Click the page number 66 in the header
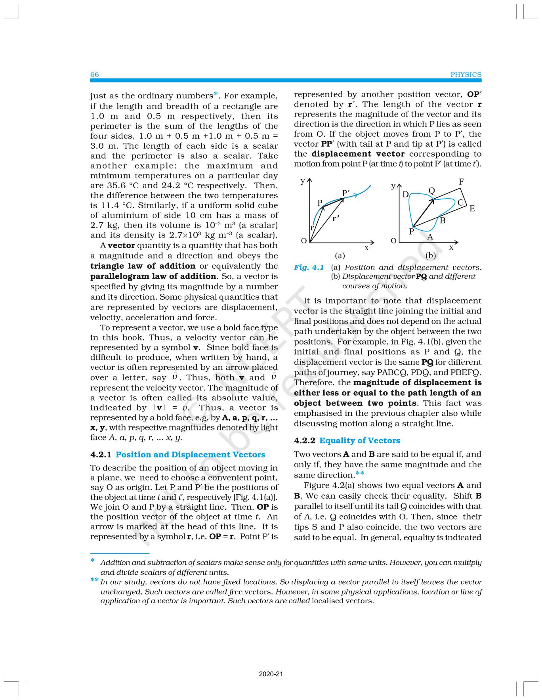pyautogui.click(x=95, y=75)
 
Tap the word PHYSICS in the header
pyautogui.click(x=466, y=75)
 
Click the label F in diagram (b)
pyautogui.click(x=461, y=182)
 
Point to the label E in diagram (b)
pyautogui.click(x=472, y=208)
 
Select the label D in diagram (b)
pyautogui.click(x=405, y=194)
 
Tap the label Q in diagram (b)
pyautogui.click(x=432, y=191)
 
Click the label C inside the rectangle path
pyautogui.click(x=460, y=203)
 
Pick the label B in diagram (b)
pyautogui.click(x=443, y=220)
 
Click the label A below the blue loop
pyautogui.click(x=430, y=237)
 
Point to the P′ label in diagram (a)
pyautogui.click(x=346, y=193)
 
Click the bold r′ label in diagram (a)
pyautogui.click(x=336, y=218)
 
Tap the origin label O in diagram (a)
pyautogui.click(x=304, y=241)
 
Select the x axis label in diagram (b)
pyautogui.click(x=451, y=247)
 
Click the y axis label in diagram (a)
pyautogui.click(x=303, y=181)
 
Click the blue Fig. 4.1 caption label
pyautogui.click(x=309, y=268)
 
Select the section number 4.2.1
pyautogui.click(x=101, y=455)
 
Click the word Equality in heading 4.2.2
pyautogui.click(x=336, y=440)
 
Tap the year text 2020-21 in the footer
pyautogui.click(x=271, y=674)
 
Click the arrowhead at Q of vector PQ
pyautogui.click(x=432, y=200)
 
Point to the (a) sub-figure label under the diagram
pyautogui.click(x=340, y=256)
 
